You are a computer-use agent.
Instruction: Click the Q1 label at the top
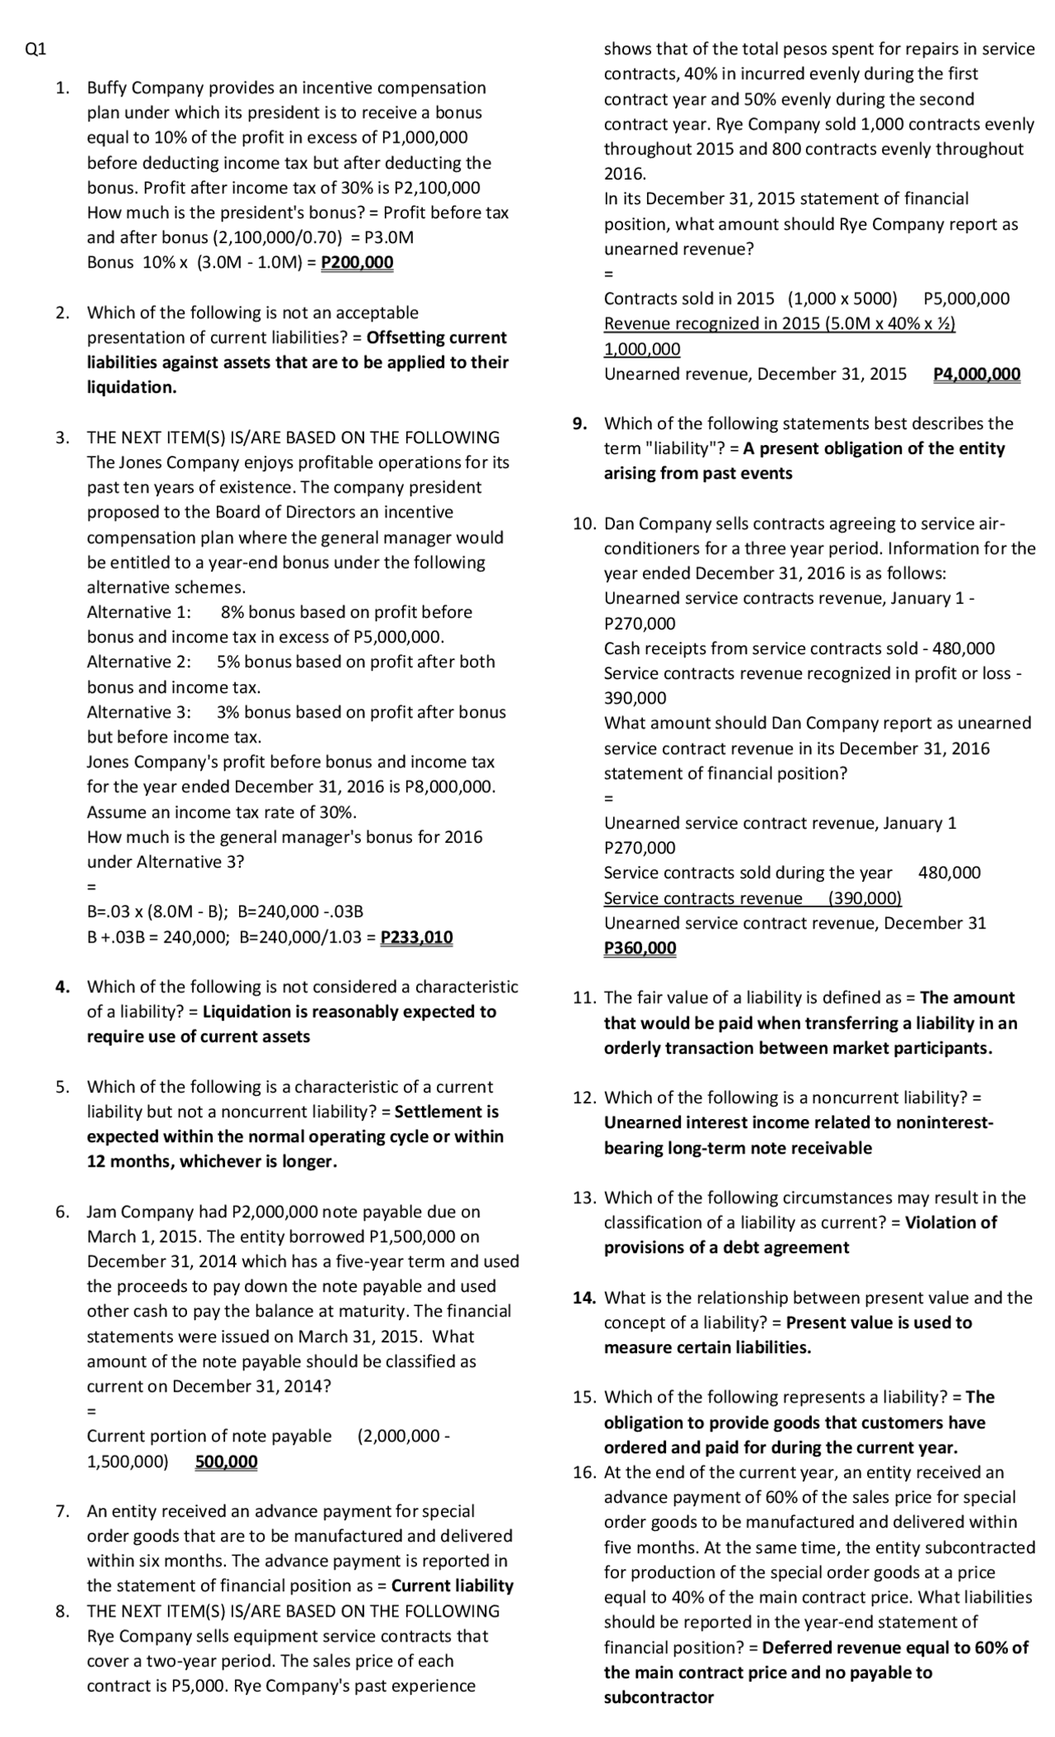pos(35,49)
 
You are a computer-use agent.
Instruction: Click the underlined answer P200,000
pos(357,263)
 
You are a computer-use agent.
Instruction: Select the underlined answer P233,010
pos(416,938)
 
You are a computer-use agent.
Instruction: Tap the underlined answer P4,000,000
pos(977,374)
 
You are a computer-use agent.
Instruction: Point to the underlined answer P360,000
pos(640,948)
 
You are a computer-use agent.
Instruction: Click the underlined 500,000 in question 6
pos(226,1462)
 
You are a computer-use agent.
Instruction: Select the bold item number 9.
pos(581,424)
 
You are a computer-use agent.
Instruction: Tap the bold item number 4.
pos(62,986)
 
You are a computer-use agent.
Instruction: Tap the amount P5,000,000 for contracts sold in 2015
pos(966,299)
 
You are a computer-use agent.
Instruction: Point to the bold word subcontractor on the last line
pos(659,1697)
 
